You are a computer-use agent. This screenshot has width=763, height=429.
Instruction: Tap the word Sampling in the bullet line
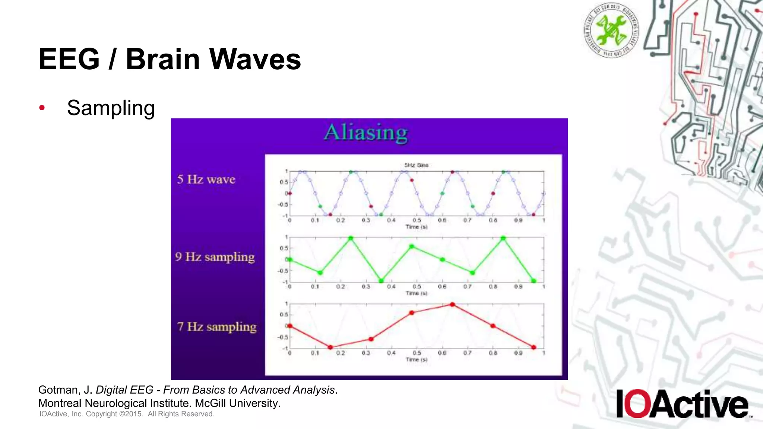pyautogui.click(x=111, y=108)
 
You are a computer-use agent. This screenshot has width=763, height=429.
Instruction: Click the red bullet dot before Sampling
pyautogui.click(x=42, y=108)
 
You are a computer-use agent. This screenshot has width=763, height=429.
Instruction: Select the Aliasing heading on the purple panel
pyautogui.click(x=366, y=133)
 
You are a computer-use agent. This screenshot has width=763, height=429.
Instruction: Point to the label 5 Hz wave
pyautogui.click(x=206, y=179)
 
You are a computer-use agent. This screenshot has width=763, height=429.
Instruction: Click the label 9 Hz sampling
pyautogui.click(x=215, y=257)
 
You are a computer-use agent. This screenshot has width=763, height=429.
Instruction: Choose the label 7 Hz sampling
pyautogui.click(x=217, y=327)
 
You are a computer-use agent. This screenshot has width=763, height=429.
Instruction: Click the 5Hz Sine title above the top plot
pyautogui.click(x=416, y=165)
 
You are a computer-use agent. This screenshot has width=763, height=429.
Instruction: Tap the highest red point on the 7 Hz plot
pyautogui.click(x=452, y=305)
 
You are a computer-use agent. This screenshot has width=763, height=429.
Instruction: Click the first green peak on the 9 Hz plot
pyautogui.click(x=351, y=238)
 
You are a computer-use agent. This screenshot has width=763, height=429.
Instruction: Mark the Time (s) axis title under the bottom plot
pyautogui.click(x=417, y=359)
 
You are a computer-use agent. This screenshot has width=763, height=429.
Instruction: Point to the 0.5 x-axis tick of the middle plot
pyautogui.click(x=417, y=286)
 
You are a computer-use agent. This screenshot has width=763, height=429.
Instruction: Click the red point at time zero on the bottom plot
pyautogui.click(x=290, y=326)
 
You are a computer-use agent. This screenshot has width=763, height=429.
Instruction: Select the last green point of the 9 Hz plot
pyautogui.click(x=534, y=281)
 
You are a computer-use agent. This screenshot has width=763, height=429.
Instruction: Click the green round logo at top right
pyautogui.click(x=611, y=30)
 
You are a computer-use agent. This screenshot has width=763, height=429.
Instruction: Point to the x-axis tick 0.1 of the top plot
pyautogui.click(x=315, y=220)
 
